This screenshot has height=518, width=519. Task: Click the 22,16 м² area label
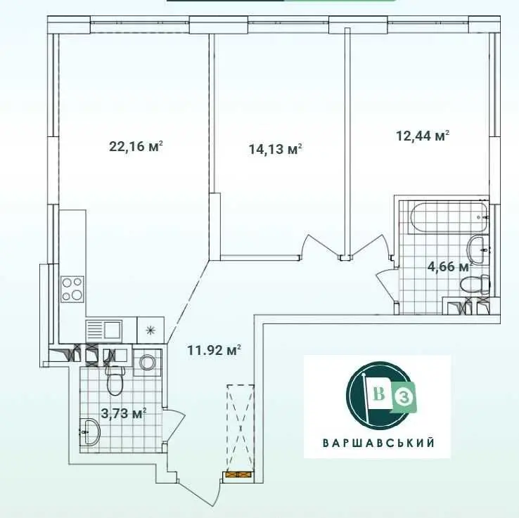(136, 146)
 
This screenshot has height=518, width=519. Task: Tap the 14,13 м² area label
(276, 149)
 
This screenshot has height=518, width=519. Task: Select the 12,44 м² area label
(423, 136)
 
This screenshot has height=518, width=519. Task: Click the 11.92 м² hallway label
(214, 350)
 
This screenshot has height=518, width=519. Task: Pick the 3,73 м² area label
(124, 413)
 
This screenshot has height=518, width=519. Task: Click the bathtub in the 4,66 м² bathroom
(449, 218)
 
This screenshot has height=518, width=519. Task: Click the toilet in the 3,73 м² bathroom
(115, 380)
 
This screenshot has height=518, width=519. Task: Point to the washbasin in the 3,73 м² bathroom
(90, 432)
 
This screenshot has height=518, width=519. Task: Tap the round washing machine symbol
(147, 363)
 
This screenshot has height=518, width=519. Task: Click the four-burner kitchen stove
(72, 289)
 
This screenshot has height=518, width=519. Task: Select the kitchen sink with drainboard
(104, 331)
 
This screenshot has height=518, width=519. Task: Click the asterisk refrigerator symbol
(151, 330)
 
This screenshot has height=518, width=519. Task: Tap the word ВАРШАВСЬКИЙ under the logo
(378, 443)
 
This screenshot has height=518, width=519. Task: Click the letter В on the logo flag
(379, 394)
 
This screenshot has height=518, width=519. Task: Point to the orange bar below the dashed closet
(238, 474)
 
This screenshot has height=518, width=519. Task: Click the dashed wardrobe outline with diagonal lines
(240, 428)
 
